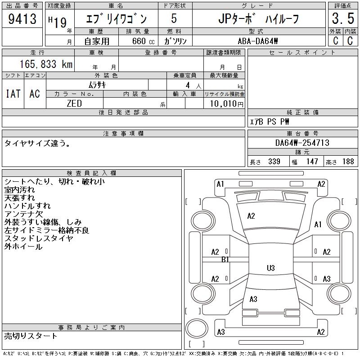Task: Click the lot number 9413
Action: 22,18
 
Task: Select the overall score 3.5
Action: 343,18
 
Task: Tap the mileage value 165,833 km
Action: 46,64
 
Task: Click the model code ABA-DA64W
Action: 258,41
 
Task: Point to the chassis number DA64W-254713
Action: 302,143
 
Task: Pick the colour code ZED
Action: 74,103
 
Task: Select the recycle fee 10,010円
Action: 227,103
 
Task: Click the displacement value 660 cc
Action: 143,41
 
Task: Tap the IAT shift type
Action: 13,94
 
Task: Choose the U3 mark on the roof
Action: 271,268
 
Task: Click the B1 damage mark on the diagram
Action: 225,260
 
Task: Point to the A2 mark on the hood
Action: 251,216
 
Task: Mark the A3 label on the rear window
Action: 253,299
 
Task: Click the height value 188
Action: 348,162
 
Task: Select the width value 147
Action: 312,162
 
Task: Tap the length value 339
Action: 274,162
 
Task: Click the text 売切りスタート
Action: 31,336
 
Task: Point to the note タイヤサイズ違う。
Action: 37,143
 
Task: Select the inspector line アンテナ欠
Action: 24,214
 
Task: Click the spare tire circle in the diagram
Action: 197,328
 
